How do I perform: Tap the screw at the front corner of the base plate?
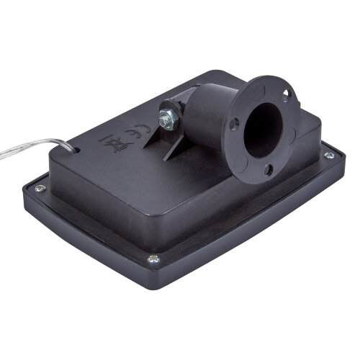click(x=153, y=259)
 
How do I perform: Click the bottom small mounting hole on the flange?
click(x=267, y=171)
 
